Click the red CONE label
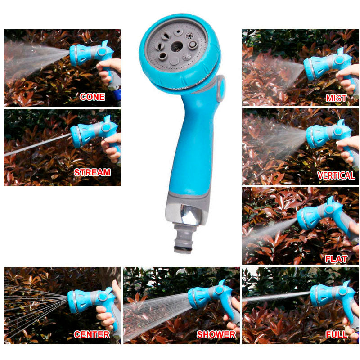point(92,97)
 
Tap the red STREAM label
point(92,172)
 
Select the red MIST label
point(336,98)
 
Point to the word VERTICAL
point(336,175)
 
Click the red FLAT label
point(336,259)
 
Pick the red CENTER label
point(92,334)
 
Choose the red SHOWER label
point(216,334)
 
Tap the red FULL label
point(337,334)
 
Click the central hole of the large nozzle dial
point(177,47)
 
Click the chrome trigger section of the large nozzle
point(189,215)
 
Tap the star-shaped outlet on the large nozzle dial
point(189,36)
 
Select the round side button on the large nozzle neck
point(221,88)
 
